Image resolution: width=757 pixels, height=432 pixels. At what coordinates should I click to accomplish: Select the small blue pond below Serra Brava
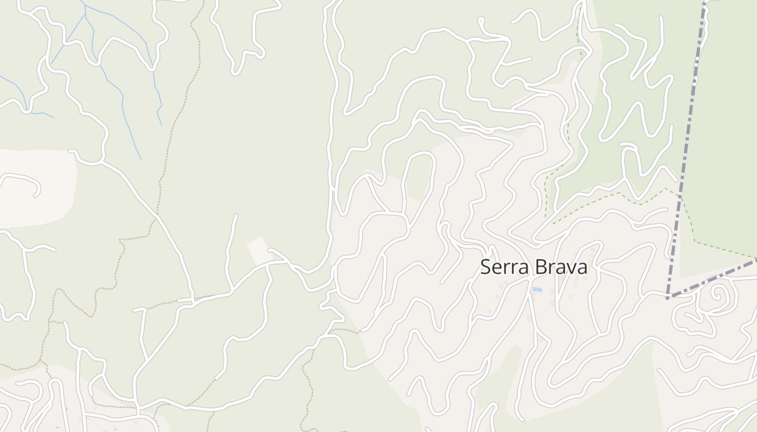click(x=537, y=290)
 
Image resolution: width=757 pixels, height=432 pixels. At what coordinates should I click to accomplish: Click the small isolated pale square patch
click(x=258, y=250)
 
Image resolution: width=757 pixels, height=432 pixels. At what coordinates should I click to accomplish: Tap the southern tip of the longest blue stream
click(x=141, y=159)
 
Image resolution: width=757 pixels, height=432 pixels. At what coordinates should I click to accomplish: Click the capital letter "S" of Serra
click(x=486, y=267)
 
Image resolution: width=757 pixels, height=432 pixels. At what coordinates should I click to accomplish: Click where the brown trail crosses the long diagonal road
click(x=157, y=216)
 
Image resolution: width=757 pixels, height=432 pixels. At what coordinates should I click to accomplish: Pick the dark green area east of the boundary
click(x=725, y=135)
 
